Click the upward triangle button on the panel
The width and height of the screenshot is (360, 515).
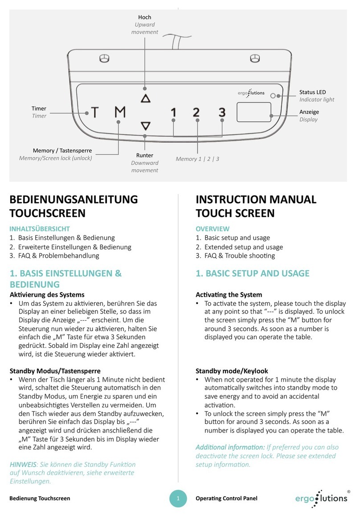tap(145, 99)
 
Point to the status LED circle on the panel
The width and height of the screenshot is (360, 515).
tap(279, 95)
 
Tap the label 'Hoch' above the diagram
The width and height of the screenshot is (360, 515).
tap(145, 17)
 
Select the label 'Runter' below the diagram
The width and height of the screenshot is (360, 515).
tap(145, 156)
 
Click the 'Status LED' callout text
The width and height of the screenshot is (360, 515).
tap(312, 92)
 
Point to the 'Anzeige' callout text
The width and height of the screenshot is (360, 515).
tap(309, 112)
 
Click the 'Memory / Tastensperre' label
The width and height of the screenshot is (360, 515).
tap(62, 151)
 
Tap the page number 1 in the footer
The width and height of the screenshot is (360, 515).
tap(178, 498)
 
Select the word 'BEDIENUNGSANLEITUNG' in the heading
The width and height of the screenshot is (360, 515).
tap(74, 199)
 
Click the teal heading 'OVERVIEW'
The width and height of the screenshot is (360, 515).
tap(213, 229)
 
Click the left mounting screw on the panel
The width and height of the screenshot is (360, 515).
tap(106, 58)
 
